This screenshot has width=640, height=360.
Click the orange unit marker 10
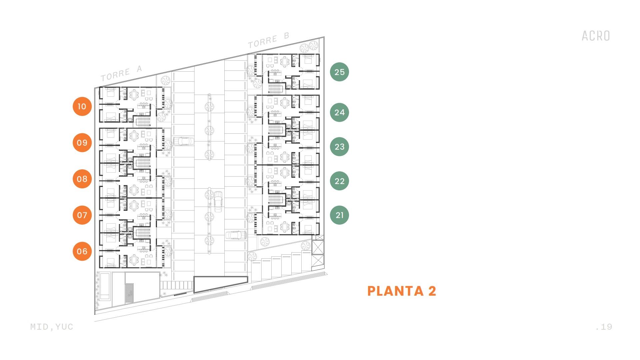tap(82, 107)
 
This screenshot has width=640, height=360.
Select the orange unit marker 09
tap(82, 143)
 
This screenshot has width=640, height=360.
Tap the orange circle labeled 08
tap(82, 179)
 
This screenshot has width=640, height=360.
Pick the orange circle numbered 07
tap(82, 215)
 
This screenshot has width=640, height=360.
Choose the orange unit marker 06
tap(82, 251)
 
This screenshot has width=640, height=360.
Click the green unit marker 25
tap(339, 72)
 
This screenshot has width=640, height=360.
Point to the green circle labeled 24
tap(339, 112)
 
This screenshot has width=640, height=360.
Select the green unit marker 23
tap(339, 147)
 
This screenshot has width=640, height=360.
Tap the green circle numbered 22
tap(339, 181)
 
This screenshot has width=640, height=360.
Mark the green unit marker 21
tap(339, 215)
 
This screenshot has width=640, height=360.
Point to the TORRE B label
tap(269, 40)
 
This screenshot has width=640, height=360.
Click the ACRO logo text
tap(596, 36)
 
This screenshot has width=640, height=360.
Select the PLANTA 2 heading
tap(402, 291)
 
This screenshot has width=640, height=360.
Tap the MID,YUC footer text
tap(52, 327)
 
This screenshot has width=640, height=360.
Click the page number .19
tap(604, 327)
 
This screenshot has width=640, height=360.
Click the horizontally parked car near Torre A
tap(183, 141)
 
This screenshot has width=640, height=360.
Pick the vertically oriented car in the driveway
tap(218, 201)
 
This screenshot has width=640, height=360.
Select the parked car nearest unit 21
tap(236, 235)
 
